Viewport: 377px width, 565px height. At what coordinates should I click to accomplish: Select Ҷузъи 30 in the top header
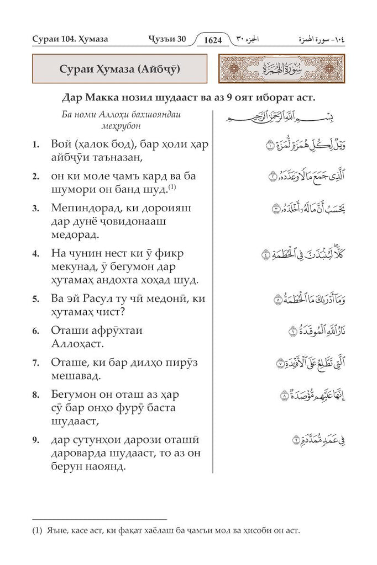click(167, 39)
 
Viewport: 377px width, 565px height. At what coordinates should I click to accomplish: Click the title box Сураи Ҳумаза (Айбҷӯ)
click(119, 70)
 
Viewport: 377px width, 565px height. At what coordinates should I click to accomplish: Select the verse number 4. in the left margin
click(35, 255)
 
